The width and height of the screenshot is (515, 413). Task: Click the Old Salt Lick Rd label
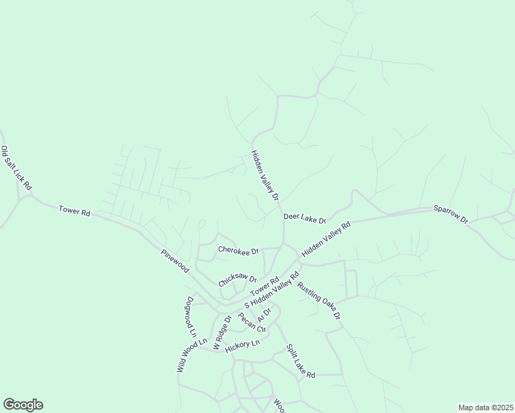pyautogui.click(x=17, y=169)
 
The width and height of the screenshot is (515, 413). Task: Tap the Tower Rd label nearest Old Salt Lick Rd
pyautogui.click(x=74, y=211)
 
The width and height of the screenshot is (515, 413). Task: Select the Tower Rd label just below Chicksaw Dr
pyautogui.click(x=264, y=286)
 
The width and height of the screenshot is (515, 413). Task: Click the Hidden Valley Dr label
pyautogui.click(x=265, y=176)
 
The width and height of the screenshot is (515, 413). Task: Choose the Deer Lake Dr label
pyautogui.click(x=304, y=219)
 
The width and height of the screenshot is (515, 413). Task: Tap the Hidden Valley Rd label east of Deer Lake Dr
pyautogui.click(x=326, y=235)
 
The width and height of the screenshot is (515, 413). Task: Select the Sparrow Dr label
pyautogui.click(x=450, y=213)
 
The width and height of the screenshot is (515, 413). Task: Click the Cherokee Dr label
pyautogui.click(x=238, y=251)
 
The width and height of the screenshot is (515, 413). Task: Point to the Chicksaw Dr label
pyautogui.click(x=238, y=280)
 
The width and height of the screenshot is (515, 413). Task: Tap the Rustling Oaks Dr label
pyautogui.click(x=319, y=301)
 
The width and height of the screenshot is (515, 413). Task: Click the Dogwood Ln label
pyautogui.click(x=192, y=317)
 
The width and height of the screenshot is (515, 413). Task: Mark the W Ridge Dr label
pyautogui.click(x=220, y=332)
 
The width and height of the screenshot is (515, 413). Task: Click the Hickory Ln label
pyautogui.click(x=242, y=343)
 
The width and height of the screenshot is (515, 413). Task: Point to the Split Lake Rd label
pyautogui.click(x=300, y=361)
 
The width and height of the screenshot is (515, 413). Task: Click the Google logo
pyautogui.click(x=23, y=405)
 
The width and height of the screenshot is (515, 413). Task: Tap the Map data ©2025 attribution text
pyautogui.click(x=485, y=407)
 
